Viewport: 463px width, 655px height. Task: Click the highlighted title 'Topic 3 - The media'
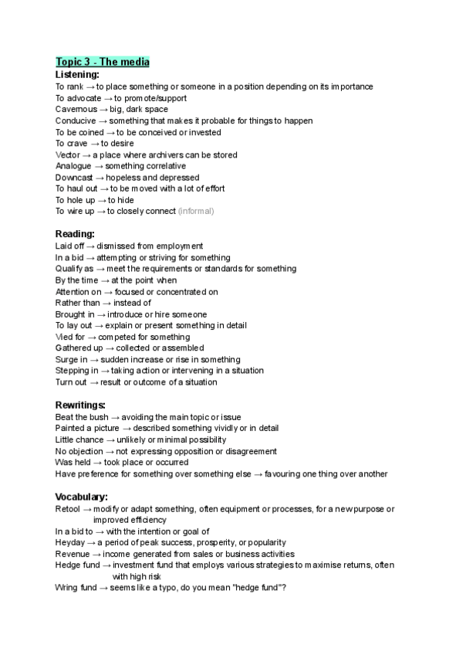click(103, 62)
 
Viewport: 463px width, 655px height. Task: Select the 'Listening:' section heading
click(77, 75)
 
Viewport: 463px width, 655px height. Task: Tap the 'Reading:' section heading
click(75, 234)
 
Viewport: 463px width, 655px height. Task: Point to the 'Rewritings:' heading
click(81, 405)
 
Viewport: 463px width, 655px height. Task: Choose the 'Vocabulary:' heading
click(81, 497)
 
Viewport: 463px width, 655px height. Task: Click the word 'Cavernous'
click(76, 110)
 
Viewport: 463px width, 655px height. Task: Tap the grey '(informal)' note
click(196, 211)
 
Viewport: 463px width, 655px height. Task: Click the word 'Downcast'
click(75, 178)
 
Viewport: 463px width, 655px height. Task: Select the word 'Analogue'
click(74, 166)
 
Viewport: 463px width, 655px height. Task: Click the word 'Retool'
click(68, 509)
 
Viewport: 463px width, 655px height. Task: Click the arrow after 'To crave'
click(96, 144)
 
